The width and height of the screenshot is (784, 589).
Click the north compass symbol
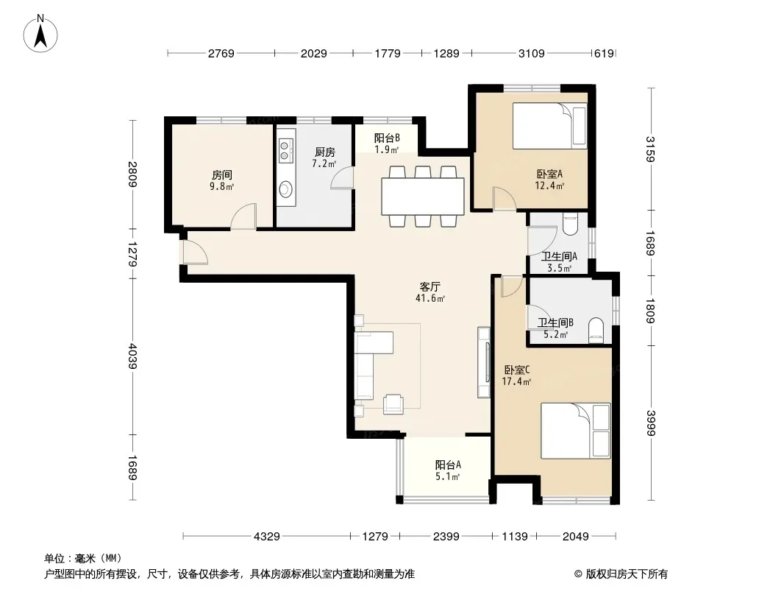click(40, 34)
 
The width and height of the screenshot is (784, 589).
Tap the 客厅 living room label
click(430, 286)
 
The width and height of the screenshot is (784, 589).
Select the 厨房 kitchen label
click(325, 152)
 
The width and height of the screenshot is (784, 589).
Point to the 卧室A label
click(549, 174)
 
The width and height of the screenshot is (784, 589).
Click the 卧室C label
click(516, 370)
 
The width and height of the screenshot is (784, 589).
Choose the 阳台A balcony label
click(448, 465)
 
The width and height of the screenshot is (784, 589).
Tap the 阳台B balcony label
click(387, 138)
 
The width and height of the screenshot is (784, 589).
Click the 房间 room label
click(221, 174)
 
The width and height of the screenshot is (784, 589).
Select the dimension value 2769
click(221, 53)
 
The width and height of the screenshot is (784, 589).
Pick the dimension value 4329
click(266, 537)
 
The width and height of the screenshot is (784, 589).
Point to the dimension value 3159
click(650, 149)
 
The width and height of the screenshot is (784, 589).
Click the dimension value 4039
click(132, 356)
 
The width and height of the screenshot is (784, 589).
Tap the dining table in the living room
click(423, 196)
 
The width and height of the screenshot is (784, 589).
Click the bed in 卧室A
click(549, 126)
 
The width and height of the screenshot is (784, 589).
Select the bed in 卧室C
click(576, 431)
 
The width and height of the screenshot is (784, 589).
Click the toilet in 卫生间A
click(570, 224)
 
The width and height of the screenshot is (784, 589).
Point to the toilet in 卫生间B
click(596, 331)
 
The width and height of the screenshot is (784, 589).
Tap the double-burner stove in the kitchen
click(285, 151)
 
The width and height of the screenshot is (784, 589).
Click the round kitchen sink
click(285, 189)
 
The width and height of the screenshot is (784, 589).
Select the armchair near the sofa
click(393, 404)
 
